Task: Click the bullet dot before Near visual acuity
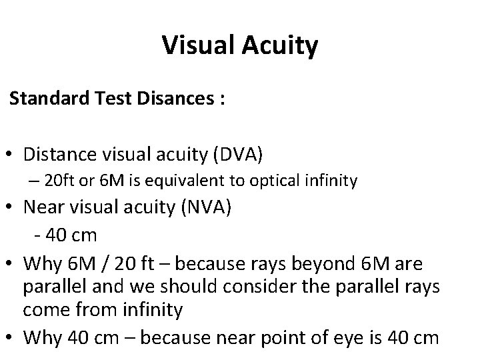13,207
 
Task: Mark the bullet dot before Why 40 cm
13,337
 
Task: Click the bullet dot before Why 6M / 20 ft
13,265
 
